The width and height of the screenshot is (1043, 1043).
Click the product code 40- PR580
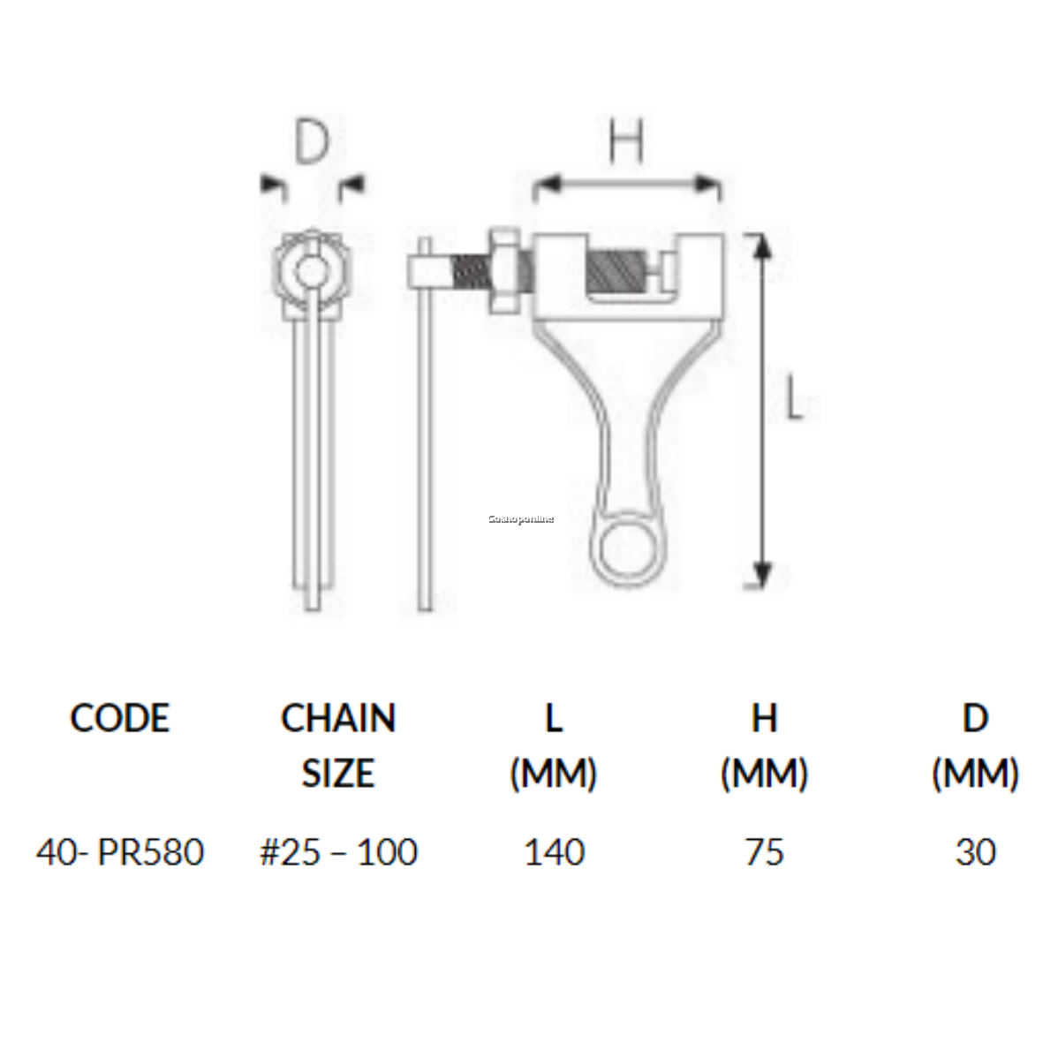pos(120,852)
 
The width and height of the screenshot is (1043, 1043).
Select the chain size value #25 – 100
pos(338,852)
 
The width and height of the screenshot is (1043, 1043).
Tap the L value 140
pos(554,852)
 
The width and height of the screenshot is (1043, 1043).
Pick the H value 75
pos(764,852)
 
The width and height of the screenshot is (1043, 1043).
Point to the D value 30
pos(975,852)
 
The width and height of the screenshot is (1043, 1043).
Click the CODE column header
pos(119,718)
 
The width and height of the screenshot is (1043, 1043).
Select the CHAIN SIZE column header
pos(338,745)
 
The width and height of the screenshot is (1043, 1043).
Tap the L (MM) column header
pos(554,745)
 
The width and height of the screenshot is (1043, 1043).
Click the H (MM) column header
pos(764,745)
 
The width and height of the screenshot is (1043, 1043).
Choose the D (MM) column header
pos(975,745)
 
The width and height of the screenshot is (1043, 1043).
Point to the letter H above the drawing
pos(626,141)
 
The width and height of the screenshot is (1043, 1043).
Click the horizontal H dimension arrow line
pos(626,185)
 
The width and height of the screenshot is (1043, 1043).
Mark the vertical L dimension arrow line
pos(762,411)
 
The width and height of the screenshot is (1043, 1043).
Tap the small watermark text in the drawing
pos(521,519)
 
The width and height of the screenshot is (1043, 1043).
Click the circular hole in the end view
pos(312,269)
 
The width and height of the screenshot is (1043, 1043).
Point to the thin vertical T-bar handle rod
pos(425,442)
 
